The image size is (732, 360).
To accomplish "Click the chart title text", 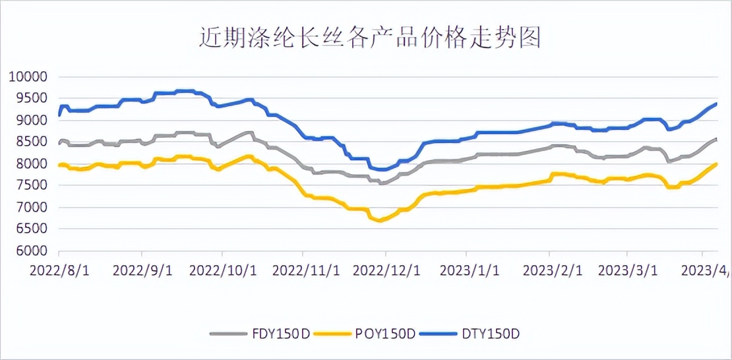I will pos(370,38).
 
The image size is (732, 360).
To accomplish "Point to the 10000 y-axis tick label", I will pos(28,77).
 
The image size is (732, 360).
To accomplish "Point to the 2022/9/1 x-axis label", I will pos(142,271).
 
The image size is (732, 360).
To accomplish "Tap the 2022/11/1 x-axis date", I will pos(305,271).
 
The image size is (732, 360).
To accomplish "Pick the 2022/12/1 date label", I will pos(386,271).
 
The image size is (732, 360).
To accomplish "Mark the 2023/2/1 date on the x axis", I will pos(552,271).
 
